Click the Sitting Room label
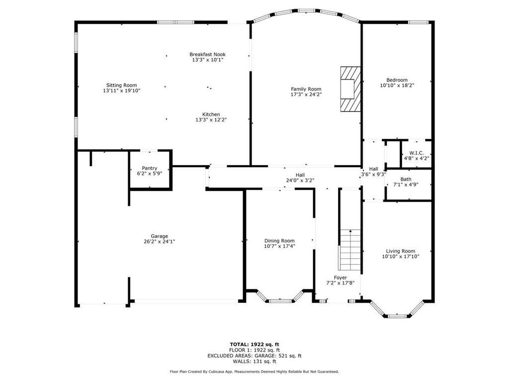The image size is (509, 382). coord(122,86)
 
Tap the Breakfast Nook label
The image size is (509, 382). coord(207,54)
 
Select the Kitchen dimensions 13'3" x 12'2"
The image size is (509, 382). coord(211,120)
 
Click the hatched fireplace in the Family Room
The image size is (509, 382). coord(350,90)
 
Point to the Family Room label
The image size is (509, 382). coord(306,89)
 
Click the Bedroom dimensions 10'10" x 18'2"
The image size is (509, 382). coord(397,86)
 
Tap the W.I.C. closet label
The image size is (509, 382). coord(417,153)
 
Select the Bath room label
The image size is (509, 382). coord(406,179)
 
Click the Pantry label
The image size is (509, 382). coord(150,168)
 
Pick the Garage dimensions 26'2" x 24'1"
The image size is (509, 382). coord(160,242)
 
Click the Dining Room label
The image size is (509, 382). coord(279,241)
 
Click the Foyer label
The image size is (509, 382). coord(340,278)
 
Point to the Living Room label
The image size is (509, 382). coord(401,251)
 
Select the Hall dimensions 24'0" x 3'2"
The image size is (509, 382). coord(300,181)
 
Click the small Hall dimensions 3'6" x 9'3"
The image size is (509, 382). coord(374,175)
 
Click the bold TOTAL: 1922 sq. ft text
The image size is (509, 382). coord(254,344)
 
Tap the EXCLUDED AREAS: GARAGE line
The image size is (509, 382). coord(254,356)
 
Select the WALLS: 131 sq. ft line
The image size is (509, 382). coord(254,361)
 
